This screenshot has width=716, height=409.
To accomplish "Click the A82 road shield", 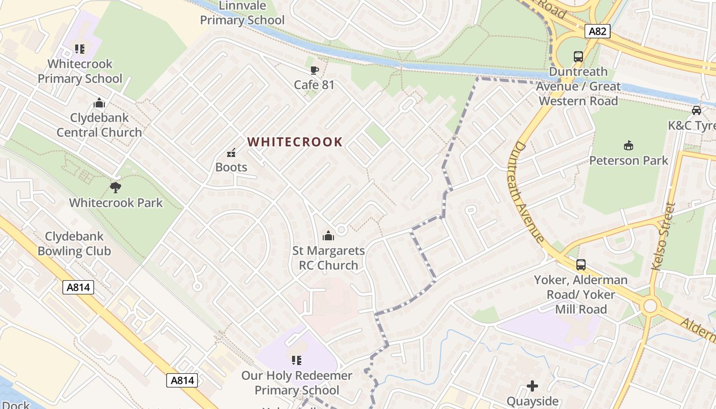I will click(x=597, y=31).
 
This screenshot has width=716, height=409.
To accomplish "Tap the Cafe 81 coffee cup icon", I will click(x=314, y=70).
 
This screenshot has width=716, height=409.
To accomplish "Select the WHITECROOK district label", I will click(x=295, y=142).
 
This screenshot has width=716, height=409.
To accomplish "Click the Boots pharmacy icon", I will click(x=231, y=152).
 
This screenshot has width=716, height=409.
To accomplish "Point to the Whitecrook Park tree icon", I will click(x=116, y=188).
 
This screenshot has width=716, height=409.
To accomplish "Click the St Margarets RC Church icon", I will click(x=328, y=236).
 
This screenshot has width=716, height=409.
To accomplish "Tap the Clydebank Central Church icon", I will click(x=99, y=103).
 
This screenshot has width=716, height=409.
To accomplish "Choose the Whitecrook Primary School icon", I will click(x=79, y=49).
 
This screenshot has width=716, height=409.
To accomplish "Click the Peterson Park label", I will click(x=629, y=161).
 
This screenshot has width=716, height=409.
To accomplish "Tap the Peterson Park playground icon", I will click(x=629, y=146).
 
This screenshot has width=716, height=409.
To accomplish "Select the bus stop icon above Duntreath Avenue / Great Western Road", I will click(x=578, y=57).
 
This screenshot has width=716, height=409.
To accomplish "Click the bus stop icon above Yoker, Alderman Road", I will click(x=581, y=265).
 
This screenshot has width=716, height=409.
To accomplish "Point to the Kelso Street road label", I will click(x=663, y=236).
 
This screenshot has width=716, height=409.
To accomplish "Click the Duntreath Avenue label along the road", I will click(x=526, y=192).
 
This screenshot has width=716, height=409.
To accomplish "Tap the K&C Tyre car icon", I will click(x=696, y=110).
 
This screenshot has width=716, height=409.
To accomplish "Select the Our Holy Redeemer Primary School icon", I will click(x=296, y=360).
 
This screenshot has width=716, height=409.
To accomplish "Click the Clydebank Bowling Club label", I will click(x=74, y=244).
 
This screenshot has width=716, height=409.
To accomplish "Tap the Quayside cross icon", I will click(x=532, y=386).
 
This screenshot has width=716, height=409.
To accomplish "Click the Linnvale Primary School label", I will click(x=242, y=13).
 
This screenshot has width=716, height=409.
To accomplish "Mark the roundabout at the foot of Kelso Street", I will click(x=650, y=306).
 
